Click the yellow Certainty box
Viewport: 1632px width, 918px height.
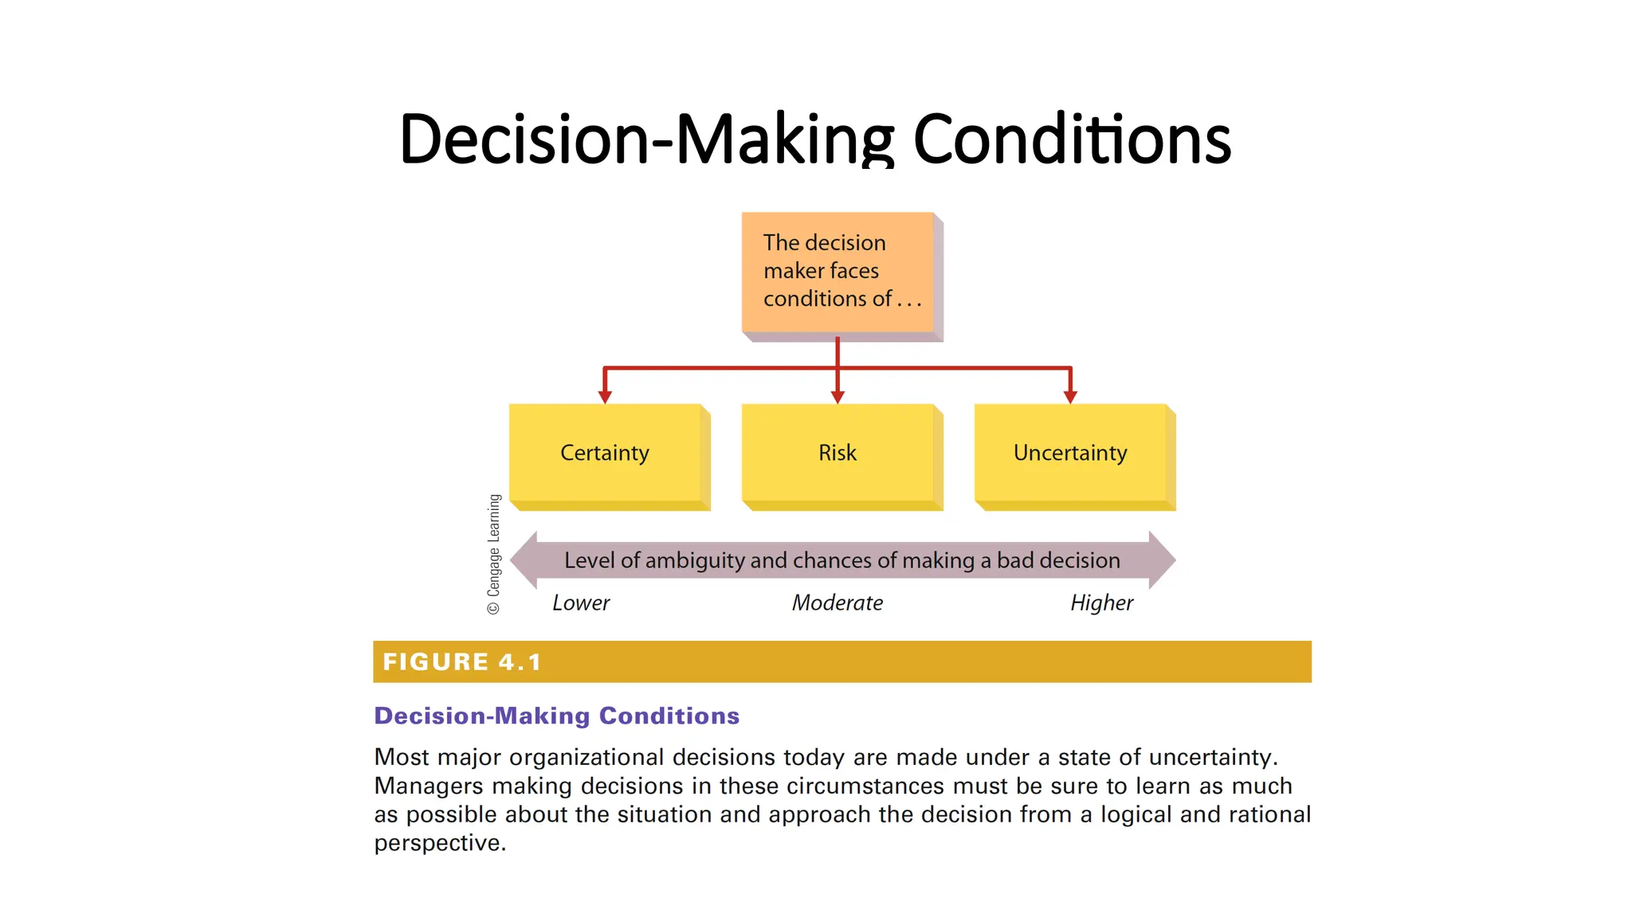(605, 453)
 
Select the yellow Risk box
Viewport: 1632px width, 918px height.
(837, 453)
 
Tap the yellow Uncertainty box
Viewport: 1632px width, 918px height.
(1069, 453)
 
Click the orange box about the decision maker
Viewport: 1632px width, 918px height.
(837, 271)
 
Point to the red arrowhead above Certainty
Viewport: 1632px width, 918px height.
(605, 396)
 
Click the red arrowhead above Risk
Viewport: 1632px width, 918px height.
(837, 396)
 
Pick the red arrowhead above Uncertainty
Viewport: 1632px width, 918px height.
(1070, 396)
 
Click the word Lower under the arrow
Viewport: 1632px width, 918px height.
(581, 603)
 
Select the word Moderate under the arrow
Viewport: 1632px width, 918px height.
(837, 603)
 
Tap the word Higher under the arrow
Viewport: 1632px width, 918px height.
(1101, 603)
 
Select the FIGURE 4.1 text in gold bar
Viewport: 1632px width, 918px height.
(462, 662)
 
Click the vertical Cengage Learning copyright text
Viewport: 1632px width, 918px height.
(494, 554)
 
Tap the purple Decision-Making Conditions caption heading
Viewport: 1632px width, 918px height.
(556, 716)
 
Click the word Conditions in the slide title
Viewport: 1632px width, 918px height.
(1071, 139)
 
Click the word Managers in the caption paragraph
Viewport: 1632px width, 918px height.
(429, 786)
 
